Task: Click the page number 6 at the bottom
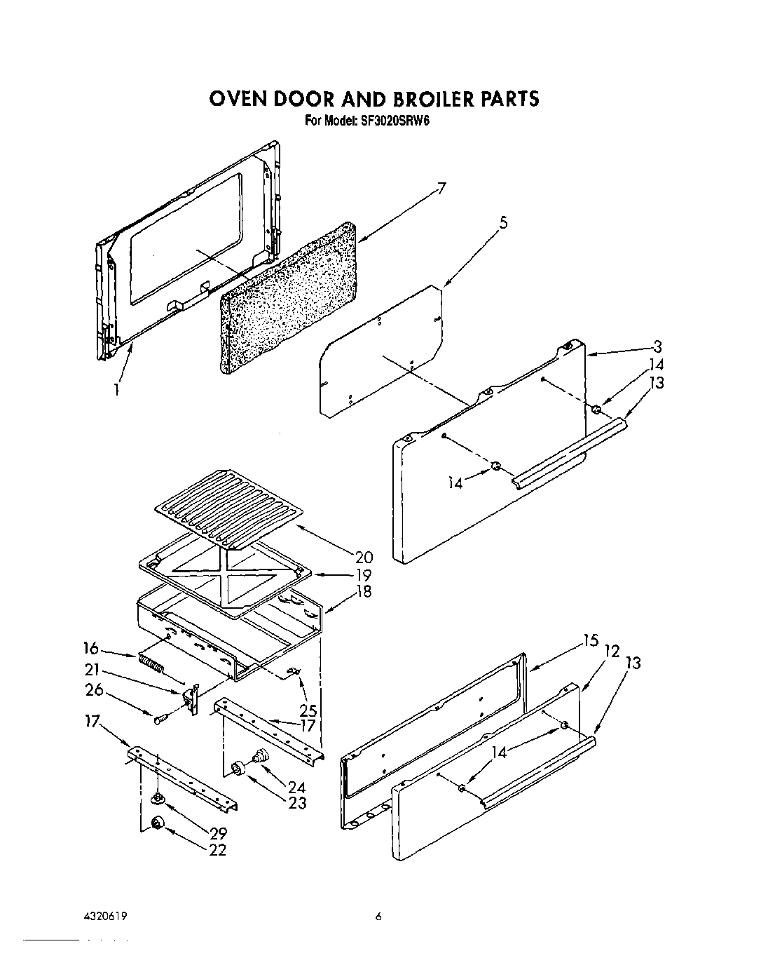pos(378,917)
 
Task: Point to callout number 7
pos(441,188)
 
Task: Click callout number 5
pos(503,223)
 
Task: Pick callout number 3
pos(657,346)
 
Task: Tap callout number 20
pos(364,558)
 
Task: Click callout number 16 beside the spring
pos(91,649)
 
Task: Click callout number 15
pos(591,640)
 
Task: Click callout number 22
pos(217,850)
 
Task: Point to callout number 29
pos(217,835)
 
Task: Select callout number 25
pos(308,709)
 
